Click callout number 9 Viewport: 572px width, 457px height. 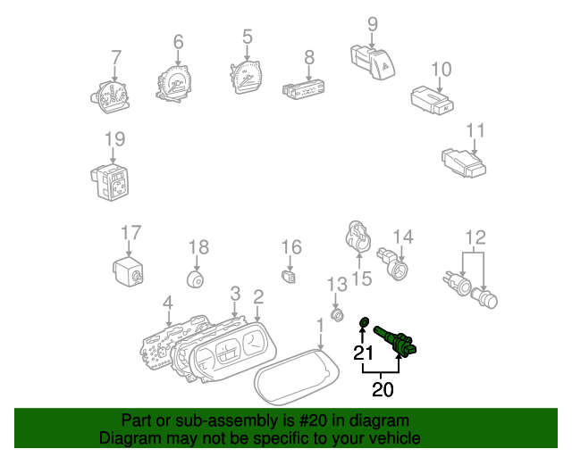pos(373,24)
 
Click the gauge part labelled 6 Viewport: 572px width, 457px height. pos(175,85)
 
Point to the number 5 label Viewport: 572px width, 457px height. pos(248,37)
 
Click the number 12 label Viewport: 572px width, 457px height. pos(475,237)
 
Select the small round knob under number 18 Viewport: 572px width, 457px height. pos(195,279)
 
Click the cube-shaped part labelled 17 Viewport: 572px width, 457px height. pos(129,269)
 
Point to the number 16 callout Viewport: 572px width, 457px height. pos(292,246)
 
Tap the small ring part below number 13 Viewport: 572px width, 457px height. pos(338,314)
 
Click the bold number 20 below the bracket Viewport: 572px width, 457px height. pos(383,389)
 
